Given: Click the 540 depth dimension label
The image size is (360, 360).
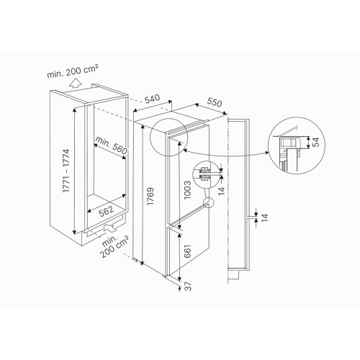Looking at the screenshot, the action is tap(153, 99).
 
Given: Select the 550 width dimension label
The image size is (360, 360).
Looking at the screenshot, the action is tap(215, 102).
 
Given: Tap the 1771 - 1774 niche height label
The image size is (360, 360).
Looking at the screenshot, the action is tap(66, 171).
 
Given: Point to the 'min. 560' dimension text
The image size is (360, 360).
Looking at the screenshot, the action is tap(111, 145).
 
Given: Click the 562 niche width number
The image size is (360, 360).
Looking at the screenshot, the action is tap(107, 211).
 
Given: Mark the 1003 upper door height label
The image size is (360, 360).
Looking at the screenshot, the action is tap(187, 190).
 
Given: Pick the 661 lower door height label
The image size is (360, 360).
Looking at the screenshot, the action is tap(187, 251).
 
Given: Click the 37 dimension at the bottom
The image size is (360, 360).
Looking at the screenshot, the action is tap(189, 287).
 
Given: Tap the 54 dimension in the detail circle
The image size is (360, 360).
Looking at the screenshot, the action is tap(317, 142).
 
